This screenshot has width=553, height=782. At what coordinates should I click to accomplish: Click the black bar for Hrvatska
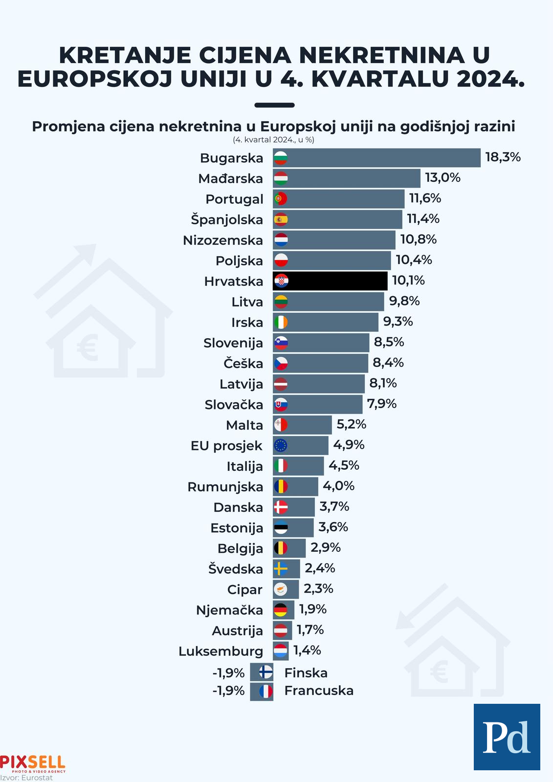337,281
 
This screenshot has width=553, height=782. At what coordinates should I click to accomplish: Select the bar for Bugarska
381,158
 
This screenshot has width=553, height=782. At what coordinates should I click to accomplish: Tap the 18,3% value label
503,157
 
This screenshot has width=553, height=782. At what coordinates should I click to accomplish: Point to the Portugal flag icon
281,199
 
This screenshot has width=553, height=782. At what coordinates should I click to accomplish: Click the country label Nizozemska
223,240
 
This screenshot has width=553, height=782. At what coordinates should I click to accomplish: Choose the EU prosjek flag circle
281,446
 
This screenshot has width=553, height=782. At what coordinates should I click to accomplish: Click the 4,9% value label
349,445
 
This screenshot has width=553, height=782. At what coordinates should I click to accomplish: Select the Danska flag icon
281,507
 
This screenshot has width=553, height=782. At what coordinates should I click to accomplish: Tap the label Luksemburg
221,652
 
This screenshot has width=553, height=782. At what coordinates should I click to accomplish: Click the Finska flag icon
265,672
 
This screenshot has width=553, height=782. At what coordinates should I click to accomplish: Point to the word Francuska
319,691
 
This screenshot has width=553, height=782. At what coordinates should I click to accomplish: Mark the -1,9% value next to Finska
228,673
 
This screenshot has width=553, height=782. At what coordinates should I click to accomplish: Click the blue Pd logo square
507,737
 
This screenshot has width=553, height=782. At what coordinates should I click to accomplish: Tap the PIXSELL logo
32,763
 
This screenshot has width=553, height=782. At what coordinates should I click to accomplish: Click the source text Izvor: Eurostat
26,778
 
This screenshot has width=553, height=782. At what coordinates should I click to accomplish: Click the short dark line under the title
275,105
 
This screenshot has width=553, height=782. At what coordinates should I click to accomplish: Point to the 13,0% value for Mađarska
442,178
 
